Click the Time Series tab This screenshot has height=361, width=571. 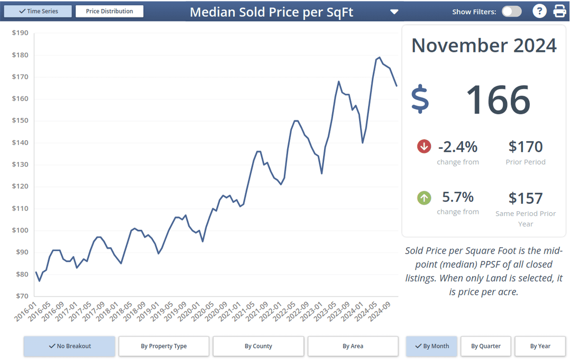point(38,11)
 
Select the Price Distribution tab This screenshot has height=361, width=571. point(109,11)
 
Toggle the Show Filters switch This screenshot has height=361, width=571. point(511,11)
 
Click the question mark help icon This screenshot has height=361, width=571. point(539,11)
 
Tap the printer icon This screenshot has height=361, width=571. point(559,11)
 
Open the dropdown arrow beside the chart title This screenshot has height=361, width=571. point(394,12)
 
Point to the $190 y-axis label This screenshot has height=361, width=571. point(20,33)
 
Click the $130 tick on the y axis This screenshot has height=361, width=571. point(20,165)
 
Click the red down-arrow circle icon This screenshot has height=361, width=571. point(424,147)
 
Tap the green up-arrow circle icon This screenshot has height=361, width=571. point(424,198)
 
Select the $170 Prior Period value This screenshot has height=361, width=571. point(526,147)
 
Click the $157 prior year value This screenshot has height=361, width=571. point(526,198)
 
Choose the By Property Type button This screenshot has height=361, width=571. point(164,346)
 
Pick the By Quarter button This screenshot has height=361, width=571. point(486,346)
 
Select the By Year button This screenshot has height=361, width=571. point(540,346)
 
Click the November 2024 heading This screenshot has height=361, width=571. point(484,46)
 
